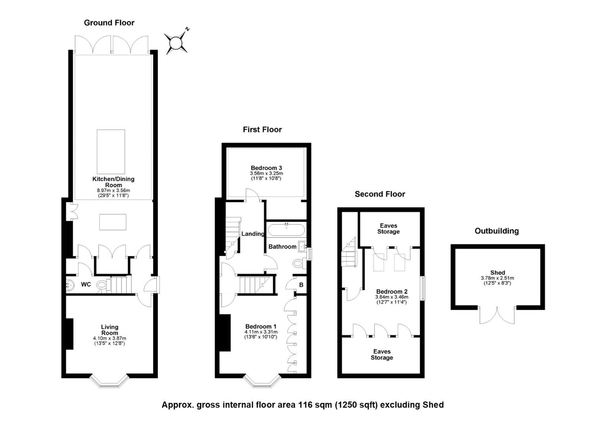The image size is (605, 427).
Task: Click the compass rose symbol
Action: (176, 43)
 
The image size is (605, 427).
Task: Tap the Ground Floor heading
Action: (109, 23)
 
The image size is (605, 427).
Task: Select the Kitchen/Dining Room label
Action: (113, 182)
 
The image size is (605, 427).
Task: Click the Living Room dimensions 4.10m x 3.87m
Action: (110, 338)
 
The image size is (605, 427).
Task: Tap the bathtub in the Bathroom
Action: (286, 230)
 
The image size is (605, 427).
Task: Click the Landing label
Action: (253, 234)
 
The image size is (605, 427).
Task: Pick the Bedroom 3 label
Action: (266, 168)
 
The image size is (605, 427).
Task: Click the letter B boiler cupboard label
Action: (301, 285)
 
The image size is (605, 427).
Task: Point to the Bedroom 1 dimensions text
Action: (261, 334)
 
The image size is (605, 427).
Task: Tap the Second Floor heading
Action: (380, 194)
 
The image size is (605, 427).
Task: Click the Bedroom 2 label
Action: (392, 292)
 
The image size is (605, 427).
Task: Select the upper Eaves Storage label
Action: (388, 229)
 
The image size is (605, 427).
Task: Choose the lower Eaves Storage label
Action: (382, 354)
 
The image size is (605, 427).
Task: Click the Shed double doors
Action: (497, 315)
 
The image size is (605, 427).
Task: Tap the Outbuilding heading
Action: (497, 231)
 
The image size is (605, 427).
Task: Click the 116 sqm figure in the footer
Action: (315, 405)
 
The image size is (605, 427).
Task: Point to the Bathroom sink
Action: (302, 246)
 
